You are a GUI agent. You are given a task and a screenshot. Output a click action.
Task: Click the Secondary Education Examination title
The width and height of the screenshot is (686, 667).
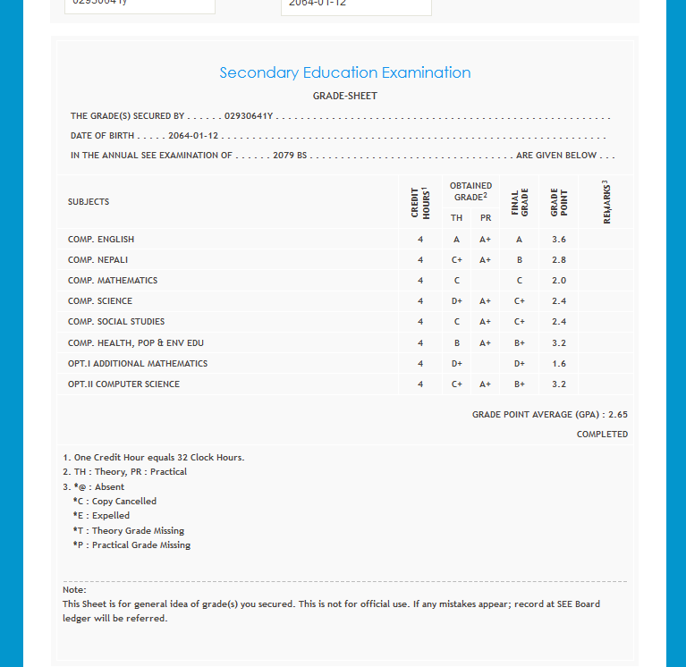[x=344, y=72]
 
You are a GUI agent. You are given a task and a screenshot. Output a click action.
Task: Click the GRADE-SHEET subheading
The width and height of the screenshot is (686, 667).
[x=344, y=96]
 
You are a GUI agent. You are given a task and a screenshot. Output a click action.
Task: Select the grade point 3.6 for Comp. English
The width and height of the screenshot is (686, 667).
[x=558, y=240]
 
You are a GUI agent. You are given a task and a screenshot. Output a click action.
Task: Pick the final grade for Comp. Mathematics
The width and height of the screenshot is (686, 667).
[x=520, y=281]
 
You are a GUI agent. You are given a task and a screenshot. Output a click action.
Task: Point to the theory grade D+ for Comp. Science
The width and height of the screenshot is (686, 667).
[x=457, y=301]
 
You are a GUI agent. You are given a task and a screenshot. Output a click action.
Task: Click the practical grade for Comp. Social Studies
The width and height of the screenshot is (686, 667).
[x=486, y=322]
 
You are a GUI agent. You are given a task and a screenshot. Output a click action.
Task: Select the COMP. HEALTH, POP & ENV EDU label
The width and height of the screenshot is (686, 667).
[x=130, y=343]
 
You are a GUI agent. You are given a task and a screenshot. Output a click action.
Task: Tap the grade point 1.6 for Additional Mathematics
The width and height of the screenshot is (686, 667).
[x=558, y=364]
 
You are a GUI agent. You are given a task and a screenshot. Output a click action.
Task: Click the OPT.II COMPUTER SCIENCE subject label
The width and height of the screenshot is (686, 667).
[x=123, y=384]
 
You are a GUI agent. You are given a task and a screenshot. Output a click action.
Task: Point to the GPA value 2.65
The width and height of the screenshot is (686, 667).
[x=617, y=415]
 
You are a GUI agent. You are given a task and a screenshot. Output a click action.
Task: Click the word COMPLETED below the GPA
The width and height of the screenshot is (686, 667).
[x=602, y=435]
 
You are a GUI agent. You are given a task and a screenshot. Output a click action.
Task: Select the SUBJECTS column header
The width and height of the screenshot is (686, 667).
[x=89, y=202]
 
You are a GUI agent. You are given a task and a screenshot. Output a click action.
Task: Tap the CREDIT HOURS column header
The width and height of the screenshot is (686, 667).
[x=420, y=202]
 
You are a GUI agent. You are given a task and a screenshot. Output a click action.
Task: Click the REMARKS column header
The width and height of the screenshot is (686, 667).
[x=606, y=202]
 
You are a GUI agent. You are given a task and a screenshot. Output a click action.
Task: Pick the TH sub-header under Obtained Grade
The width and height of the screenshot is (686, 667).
[x=456, y=217]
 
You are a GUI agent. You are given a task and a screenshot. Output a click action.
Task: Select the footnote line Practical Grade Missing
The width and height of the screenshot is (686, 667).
[x=131, y=545]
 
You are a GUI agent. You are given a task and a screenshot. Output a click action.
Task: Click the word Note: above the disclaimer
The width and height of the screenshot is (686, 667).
[x=74, y=590]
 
